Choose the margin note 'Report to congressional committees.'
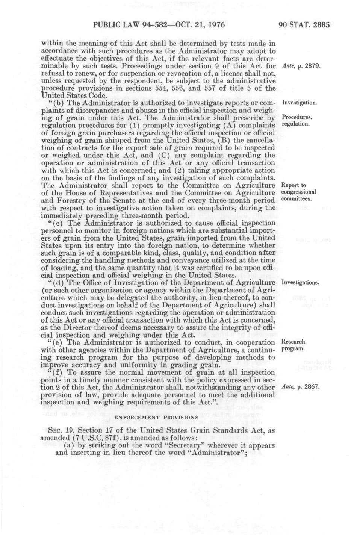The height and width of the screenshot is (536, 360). pyautogui.click(x=298, y=192)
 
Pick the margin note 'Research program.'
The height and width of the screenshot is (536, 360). pyautogui.click(x=293, y=345)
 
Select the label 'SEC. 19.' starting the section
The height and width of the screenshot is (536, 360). pyautogui.click(x=60, y=431)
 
